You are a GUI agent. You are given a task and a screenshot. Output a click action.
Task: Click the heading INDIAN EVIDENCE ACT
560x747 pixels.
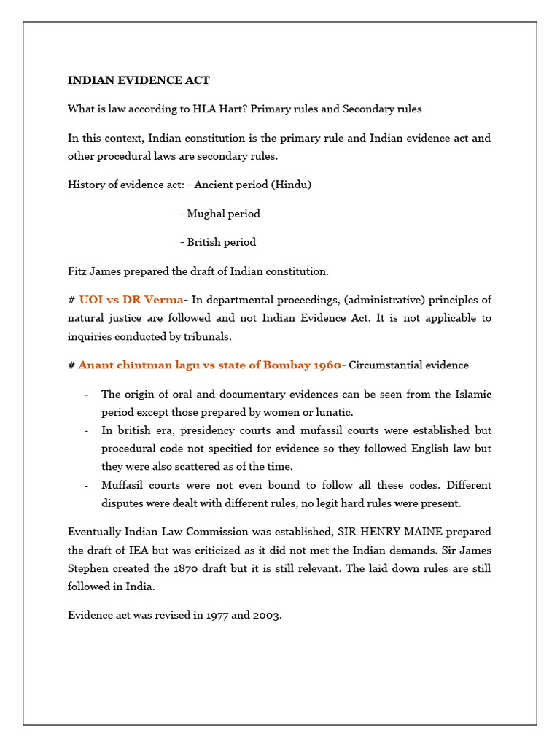(x=139, y=80)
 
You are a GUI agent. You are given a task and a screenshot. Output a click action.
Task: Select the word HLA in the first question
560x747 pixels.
(x=203, y=109)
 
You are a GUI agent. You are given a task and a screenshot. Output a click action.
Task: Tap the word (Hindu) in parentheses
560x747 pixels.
(x=291, y=185)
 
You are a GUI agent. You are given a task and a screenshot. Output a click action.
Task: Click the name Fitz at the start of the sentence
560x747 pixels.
(x=78, y=271)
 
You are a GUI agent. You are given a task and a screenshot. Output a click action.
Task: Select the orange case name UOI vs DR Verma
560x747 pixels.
(x=131, y=300)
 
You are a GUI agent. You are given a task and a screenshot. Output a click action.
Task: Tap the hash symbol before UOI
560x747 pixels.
(x=71, y=300)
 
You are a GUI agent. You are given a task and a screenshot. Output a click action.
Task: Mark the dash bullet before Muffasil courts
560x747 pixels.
(x=86, y=485)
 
